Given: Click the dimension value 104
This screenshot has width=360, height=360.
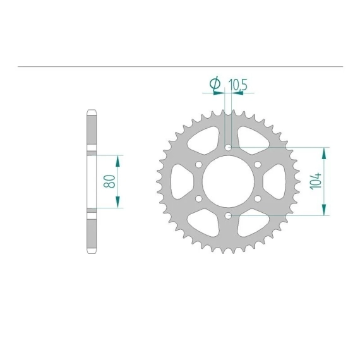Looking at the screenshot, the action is [x=316, y=181].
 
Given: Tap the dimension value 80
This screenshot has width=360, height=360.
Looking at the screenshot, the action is [x=109, y=181].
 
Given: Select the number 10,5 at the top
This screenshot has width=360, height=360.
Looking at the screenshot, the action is [x=237, y=85].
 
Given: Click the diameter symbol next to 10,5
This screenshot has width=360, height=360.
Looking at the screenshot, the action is [x=215, y=83].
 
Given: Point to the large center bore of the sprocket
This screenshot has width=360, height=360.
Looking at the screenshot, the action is [x=228, y=181].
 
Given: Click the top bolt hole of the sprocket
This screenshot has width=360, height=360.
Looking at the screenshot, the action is [x=228, y=147].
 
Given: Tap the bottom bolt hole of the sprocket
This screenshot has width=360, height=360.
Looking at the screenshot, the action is [x=228, y=215].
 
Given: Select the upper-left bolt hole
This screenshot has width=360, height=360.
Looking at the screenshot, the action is [x=199, y=164].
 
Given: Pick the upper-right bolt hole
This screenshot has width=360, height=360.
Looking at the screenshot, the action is [x=258, y=164].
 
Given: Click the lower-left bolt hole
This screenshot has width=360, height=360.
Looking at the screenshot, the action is [x=199, y=198].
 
